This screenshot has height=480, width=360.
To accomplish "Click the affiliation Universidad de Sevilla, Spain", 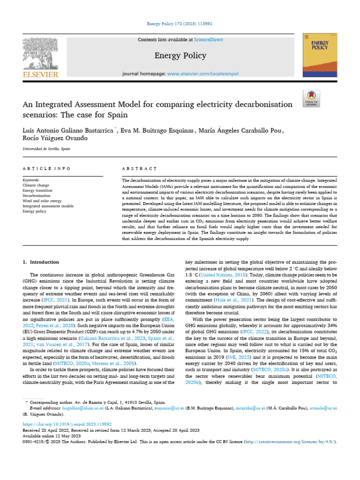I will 46,149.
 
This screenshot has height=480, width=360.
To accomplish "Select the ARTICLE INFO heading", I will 47,168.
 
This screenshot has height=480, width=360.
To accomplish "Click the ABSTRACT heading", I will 139,168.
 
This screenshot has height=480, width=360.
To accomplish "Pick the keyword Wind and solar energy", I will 42,201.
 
